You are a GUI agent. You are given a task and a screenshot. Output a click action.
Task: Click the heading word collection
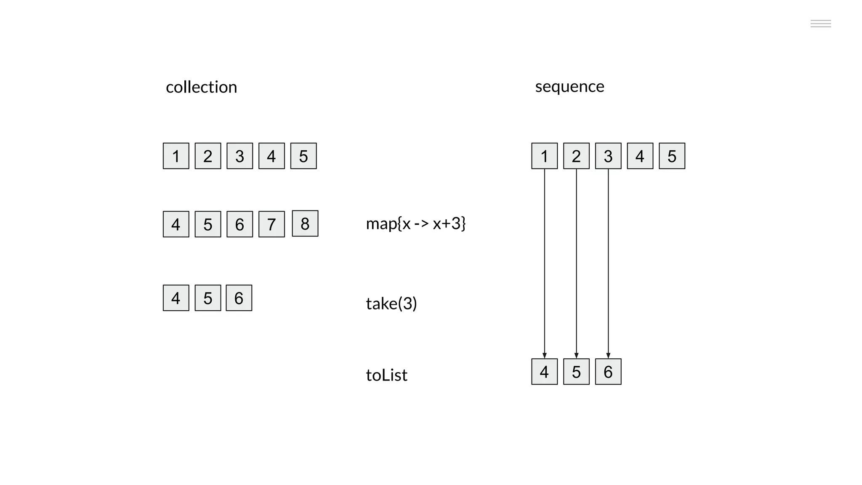pos(201,87)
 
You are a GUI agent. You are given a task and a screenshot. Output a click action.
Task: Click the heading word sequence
pos(569,86)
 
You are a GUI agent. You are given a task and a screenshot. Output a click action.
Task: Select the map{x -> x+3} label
pos(415,223)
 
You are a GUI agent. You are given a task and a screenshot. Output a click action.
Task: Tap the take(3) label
pos(391,303)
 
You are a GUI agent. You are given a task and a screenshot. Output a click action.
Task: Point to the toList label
pos(386,375)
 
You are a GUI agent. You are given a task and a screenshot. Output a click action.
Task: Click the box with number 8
pos(305,224)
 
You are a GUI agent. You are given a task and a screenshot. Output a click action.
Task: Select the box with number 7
pos(271,224)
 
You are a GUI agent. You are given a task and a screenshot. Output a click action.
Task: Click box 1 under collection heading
pos(176,156)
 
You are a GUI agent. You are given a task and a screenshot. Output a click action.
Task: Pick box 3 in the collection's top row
pos(239,156)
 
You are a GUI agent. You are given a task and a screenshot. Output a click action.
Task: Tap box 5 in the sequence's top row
pos(672,156)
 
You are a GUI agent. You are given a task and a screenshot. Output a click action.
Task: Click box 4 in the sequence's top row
pos(640,156)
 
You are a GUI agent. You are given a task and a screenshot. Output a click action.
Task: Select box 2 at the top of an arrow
pos(576,156)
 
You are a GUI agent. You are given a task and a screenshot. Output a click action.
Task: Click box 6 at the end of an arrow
pos(608,372)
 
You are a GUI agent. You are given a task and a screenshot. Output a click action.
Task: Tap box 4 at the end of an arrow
pos(544,372)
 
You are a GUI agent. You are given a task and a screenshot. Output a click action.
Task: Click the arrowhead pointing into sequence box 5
pos(576,356)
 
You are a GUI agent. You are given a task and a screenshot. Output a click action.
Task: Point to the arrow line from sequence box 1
pos(545,261)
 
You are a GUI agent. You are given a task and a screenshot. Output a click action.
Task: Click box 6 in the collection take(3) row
pos(239,298)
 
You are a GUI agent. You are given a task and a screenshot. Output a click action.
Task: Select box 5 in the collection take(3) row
pos(208,298)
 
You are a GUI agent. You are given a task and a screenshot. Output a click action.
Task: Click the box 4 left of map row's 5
pos(176,224)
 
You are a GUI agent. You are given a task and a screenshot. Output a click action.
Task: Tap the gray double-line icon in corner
pos(820,24)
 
